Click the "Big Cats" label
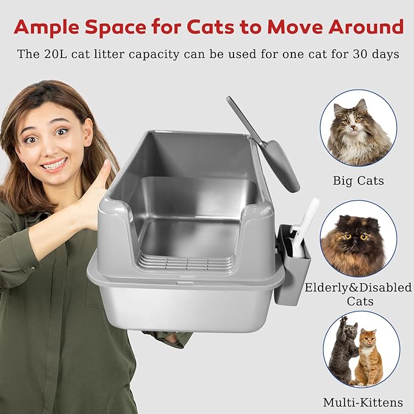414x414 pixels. point(358,180)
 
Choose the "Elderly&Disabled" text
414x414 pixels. point(358,288)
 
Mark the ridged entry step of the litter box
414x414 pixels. point(186,263)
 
